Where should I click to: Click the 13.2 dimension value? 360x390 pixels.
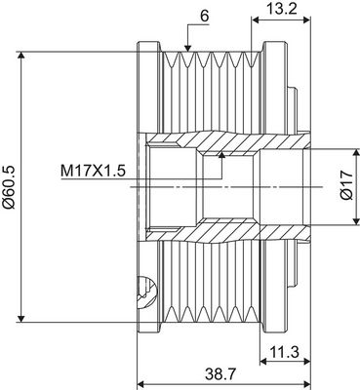(282, 9)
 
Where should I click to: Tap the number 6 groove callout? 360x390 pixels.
(204, 17)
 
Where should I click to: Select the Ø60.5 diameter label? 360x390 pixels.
(9, 186)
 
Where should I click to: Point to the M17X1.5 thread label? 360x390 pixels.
(93, 171)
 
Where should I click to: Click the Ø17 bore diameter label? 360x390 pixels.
(347, 185)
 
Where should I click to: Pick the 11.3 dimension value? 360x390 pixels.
(284, 352)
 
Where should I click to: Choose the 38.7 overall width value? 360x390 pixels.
(220, 374)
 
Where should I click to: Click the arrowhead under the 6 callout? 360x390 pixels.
(187, 48)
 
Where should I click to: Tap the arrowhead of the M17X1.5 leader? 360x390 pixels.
(222, 154)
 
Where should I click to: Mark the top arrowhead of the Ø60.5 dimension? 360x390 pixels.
(21, 56)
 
